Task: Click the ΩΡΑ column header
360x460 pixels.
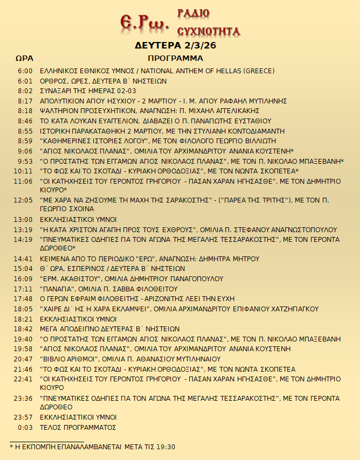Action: pos(24,58)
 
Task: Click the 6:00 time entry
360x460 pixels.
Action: pos(25,71)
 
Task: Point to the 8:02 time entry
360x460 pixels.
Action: pos(25,91)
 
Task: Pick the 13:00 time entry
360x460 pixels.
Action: pos(24,219)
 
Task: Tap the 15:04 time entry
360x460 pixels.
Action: pos(24,268)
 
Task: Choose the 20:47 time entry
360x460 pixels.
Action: pos(24,359)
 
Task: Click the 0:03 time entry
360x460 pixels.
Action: pos(25,427)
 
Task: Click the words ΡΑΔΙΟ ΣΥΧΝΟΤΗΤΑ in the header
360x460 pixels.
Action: pos(208,22)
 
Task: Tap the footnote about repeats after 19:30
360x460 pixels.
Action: pos(92,447)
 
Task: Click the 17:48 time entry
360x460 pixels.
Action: pos(24,298)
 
